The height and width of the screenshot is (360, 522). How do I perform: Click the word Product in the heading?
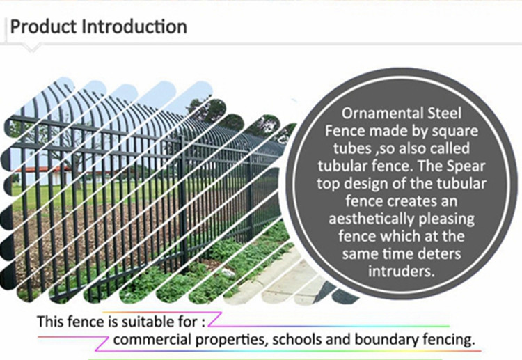click(x=43, y=26)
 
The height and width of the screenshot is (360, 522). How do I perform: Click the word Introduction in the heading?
click(x=134, y=26)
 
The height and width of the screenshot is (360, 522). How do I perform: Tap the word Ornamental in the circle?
click(x=378, y=114)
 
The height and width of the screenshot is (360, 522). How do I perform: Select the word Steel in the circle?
click(x=440, y=114)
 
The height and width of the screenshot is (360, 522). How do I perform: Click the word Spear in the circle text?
click(x=466, y=166)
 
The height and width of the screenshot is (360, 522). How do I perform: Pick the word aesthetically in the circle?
click(x=372, y=219)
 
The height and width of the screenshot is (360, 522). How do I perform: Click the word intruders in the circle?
click(x=402, y=271)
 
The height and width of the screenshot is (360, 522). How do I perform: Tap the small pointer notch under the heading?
click(x=31, y=48)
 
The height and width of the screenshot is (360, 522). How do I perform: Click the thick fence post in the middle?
click(x=183, y=203)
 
